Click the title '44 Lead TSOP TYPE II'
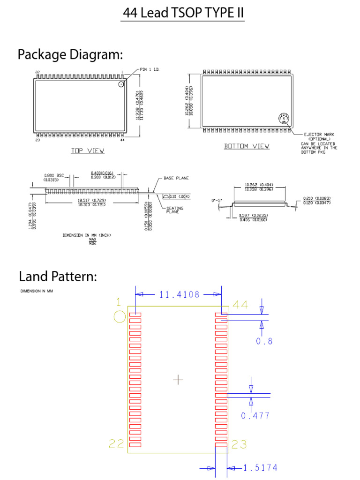pos(183,14)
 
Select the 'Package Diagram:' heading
pos(70,55)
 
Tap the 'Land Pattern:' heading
pos(58,276)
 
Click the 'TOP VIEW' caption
pos(88,151)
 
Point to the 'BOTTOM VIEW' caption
pos(247,146)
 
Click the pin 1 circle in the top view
pos(121,84)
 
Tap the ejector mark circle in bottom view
pos(284,119)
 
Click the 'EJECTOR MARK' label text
pos(319,135)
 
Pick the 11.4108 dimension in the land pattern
pos(179,295)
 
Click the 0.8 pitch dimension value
pos(264,341)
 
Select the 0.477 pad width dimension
pos(255,415)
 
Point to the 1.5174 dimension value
pos(261,467)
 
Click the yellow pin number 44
pos(240,305)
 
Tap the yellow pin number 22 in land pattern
pos(117,443)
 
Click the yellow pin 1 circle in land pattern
pos(120,317)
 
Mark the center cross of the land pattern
pos(178,379)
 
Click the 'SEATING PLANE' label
pos(175,210)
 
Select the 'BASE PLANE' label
pos(175,179)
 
